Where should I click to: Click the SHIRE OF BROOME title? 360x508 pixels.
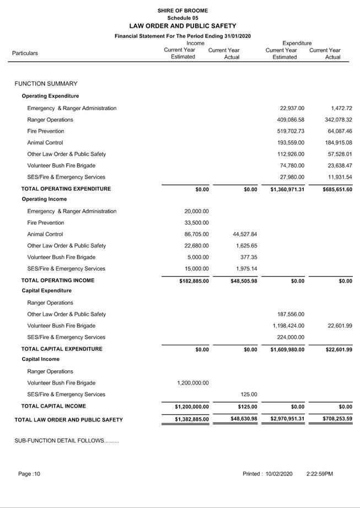tap(182, 10)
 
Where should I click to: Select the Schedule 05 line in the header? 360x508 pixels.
tap(182, 18)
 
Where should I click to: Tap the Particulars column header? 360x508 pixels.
tap(25, 53)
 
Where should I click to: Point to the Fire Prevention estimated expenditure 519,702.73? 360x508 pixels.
tap(292, 131)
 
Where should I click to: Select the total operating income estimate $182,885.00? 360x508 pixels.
tap(194, 280)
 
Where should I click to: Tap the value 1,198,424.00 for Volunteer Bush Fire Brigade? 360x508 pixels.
tap(288, 326)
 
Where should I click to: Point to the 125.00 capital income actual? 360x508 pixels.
tap(249, 394)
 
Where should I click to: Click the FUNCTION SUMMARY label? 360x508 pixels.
tap(46, 84)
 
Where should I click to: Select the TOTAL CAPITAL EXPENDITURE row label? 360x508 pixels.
tap(62, 349)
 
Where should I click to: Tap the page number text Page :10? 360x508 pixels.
tap(29, 474)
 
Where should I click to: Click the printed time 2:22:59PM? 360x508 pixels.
tap(320, 474)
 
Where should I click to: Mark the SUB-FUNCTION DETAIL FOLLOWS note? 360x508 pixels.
tap(67, 441)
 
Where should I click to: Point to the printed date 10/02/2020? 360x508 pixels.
tap(279, 474)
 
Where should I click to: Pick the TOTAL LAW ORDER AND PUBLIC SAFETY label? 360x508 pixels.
tap(68, 420)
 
